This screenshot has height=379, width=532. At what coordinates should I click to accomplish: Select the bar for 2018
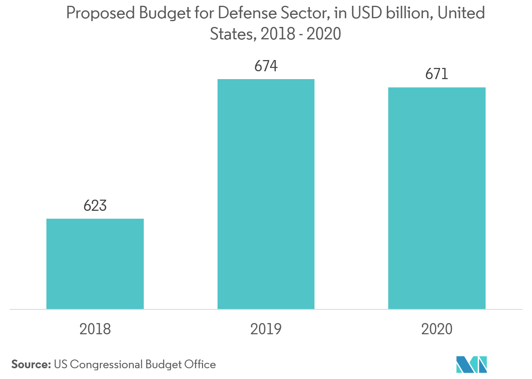pos(95,264)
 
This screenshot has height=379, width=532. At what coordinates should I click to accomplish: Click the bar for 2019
pos(266,194)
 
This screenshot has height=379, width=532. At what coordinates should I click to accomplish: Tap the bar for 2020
pos(437,198)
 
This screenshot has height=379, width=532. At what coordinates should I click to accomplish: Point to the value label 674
pos(266,66)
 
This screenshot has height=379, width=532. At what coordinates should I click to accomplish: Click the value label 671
pos(437,75)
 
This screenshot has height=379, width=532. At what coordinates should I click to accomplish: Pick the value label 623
pos(95,205)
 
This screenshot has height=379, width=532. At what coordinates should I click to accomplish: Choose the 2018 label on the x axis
pos(95,329)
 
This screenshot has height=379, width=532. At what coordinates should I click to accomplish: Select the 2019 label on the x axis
pos(266,329)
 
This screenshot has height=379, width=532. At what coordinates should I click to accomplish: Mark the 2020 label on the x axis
pos(437,329)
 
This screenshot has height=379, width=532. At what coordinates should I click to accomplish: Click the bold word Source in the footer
pos(30,365)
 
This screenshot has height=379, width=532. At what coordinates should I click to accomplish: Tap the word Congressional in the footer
pos(106,365)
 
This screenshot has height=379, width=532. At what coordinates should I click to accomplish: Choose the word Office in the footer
pos(200,365)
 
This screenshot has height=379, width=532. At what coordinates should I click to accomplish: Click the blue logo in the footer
pos(471,365)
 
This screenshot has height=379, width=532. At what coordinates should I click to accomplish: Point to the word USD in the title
pos(365,14)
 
